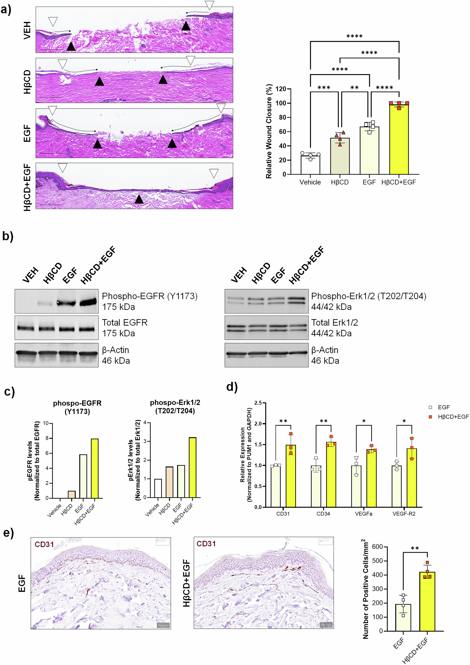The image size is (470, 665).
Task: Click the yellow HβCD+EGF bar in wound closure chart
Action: [399, 139]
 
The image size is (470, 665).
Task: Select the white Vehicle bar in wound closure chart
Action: [310, 165]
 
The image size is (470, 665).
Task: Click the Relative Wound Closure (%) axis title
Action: [269, 131]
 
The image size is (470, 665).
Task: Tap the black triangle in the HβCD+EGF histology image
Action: [139, 199]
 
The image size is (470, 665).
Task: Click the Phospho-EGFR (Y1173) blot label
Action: [150, 296]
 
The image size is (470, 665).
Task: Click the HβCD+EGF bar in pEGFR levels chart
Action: [95, 468]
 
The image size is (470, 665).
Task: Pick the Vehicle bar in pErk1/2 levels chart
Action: [158, 488]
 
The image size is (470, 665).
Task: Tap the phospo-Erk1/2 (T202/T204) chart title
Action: [175, 406]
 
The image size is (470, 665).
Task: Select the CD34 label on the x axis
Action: [323, 514]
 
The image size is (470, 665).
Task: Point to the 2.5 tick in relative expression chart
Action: [258, 403]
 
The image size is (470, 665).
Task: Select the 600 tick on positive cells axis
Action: [377, 547]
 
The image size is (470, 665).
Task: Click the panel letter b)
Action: [7, 236]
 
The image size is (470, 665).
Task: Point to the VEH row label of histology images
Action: [27, 30]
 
